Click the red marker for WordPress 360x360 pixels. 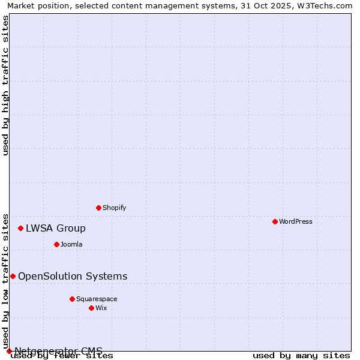[275, 221]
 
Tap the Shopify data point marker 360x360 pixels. [98, 208]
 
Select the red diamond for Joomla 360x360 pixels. [56, 244]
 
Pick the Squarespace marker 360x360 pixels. [72, 299]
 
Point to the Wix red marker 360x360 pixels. [91, 308]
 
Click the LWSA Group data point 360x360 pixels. [20, 228]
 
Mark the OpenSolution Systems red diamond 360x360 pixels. [13, 276]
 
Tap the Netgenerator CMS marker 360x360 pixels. [9, 351]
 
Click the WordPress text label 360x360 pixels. [296, 221]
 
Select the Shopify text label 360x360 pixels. [114, 208]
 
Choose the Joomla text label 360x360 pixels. [71, 244]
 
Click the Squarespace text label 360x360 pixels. [97, 299]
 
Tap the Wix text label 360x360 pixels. [101, 308]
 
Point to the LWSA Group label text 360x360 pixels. [56, 228]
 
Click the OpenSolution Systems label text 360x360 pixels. [73, 276]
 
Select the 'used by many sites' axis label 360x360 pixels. [301, 355]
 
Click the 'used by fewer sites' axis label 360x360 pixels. [62, 355]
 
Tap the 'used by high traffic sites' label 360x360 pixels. [5, 85]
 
